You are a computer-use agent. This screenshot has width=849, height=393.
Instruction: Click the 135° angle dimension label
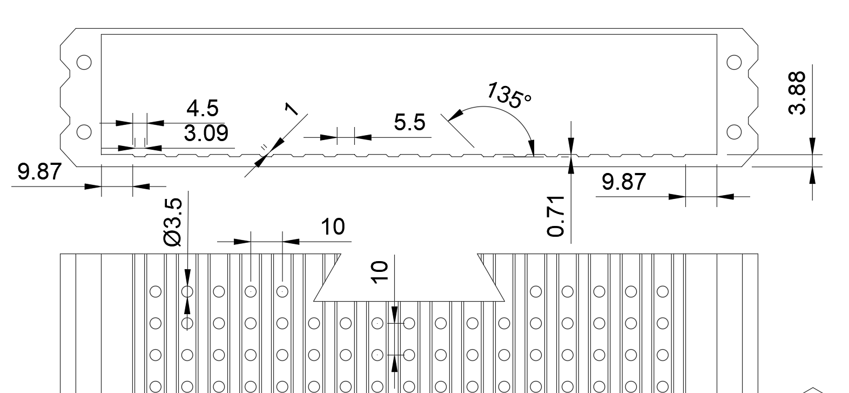[509, 95]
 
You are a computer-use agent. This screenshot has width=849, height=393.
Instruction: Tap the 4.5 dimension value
[203, 108]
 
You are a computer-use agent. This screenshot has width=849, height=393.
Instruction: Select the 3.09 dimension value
[206, 133]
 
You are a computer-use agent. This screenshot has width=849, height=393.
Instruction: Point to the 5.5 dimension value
[409, 122]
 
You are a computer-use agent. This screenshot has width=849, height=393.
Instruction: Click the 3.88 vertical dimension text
[796, 93]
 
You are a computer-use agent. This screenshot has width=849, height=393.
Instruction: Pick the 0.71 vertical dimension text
[556, 216]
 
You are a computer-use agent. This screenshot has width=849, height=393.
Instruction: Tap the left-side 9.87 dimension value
[39, 171]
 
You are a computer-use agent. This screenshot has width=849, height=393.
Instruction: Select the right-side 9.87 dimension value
[623, 182]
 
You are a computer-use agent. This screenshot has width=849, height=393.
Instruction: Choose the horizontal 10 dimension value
[333, 227]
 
